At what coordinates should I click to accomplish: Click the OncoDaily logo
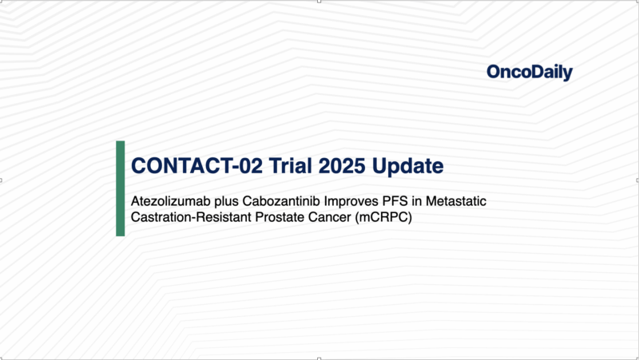[529, 73]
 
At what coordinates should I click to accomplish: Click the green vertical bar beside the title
[121, 188]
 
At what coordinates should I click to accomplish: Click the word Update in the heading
[407, 166]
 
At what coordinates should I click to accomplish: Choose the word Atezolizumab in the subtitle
[169, 200]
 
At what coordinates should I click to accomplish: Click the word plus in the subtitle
[226, 200]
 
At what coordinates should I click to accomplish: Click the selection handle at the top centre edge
[319, 2]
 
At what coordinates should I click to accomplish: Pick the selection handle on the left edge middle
[2, 180]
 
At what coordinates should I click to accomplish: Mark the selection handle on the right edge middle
[637, 180]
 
